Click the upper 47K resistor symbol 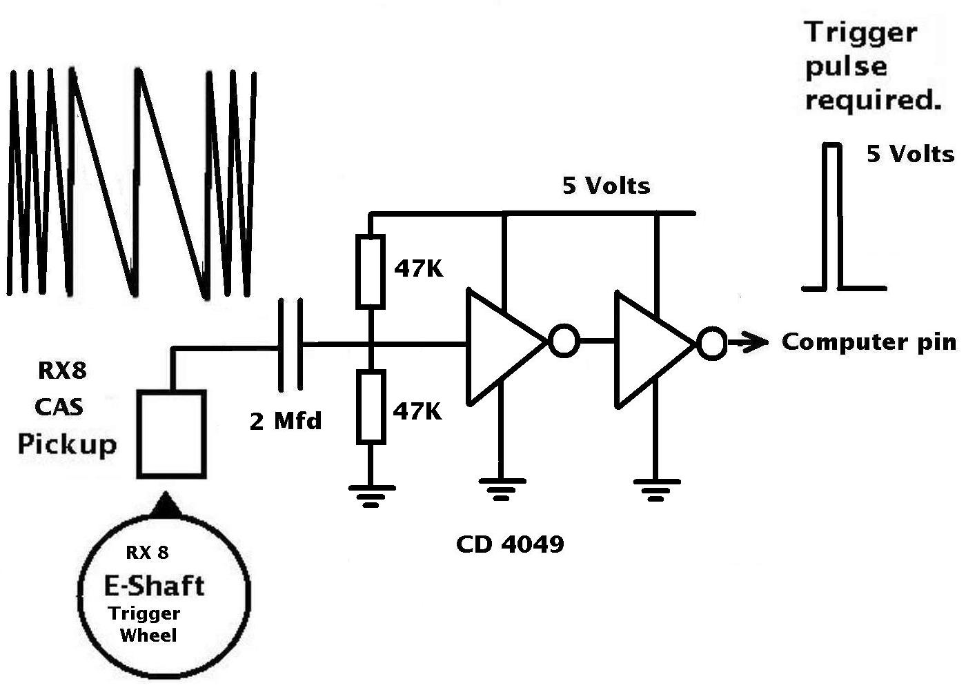pos(370,272)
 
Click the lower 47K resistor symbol pos(371,406)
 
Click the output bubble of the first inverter pos(564,341)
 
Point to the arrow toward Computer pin pos(748,343)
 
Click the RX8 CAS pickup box pos(172,434)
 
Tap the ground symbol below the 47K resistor pos(371,496)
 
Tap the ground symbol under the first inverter pos(502,489)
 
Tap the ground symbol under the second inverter pos(656,490)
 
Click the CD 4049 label pos(510,544)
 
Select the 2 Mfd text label pos(286,420)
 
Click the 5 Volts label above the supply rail pos(607,186)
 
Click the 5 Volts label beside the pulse pos(910,154)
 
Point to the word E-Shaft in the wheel pos(154,586)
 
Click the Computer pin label pos(869,342)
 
